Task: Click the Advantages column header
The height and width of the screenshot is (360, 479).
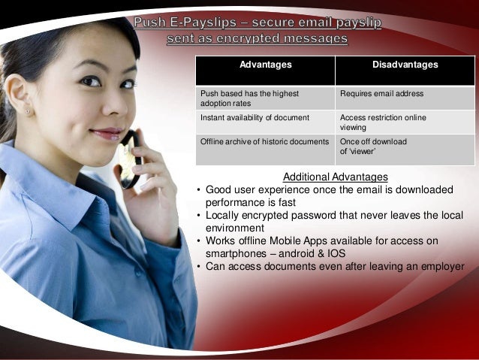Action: coord(265,65)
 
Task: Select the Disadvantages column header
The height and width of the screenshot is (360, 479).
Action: coord(405,65)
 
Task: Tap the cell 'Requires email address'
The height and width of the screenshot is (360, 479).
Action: coord(381,94)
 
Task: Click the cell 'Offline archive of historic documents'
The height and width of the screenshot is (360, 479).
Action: coord(264,141)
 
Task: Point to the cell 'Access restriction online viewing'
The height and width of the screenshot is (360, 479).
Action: coord(383,123)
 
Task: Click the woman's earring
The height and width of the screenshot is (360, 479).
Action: coord(28,111)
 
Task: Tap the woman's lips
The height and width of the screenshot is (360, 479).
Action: coord(107,135)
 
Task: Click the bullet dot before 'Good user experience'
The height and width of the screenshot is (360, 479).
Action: coord(198,190)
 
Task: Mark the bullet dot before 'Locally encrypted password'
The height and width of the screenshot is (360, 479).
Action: coord(198,216)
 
